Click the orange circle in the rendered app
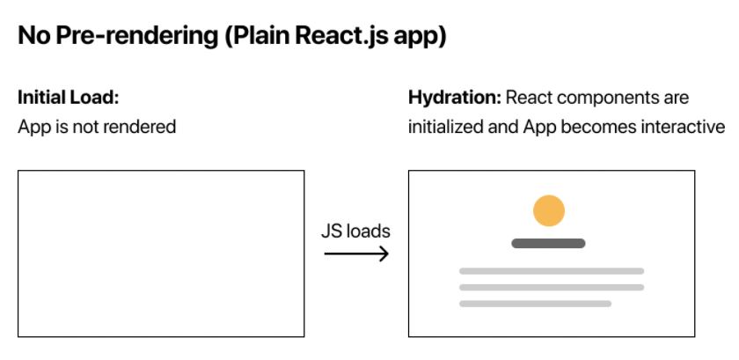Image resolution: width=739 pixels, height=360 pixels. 549,210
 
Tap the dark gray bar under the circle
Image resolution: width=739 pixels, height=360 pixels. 548,244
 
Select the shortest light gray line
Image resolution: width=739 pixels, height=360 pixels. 535,304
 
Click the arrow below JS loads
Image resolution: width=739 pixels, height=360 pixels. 356,254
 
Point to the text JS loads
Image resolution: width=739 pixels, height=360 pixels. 355,231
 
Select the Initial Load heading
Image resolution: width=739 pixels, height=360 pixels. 69,98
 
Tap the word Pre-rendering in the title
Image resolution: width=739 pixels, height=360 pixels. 136,36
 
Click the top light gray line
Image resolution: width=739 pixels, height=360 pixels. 552,271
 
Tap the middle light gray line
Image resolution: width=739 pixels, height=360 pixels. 552,287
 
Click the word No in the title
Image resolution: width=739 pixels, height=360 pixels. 34,36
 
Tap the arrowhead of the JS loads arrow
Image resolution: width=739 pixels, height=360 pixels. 384,254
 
